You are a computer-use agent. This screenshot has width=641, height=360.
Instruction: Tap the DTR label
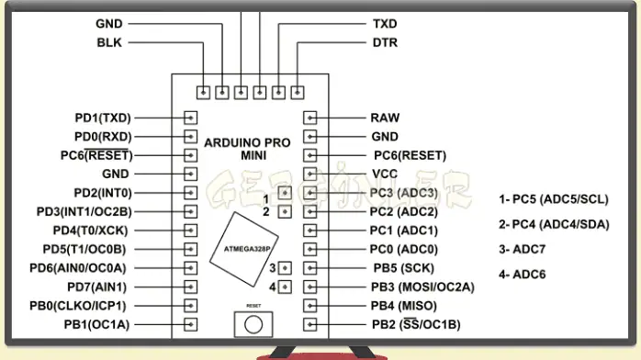(385, 42)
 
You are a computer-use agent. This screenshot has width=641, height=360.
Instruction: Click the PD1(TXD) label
(104, 118)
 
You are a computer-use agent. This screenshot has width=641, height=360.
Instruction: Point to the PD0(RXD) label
(104, 136)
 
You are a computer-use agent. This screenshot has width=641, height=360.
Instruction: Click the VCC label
(384, 174)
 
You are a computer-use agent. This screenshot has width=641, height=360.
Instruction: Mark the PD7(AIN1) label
(104, 287)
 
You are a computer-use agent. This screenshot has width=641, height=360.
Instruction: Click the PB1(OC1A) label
(97, 324)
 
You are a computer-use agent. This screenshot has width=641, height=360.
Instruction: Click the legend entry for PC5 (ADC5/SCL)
(554, 199)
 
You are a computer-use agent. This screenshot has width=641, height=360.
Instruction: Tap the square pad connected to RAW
(310, 118)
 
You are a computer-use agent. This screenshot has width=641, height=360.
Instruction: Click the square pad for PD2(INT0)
(191, 193)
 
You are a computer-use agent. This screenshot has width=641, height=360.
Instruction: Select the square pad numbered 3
(285, 268)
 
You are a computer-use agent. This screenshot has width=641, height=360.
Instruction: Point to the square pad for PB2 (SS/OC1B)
(310, 324)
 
